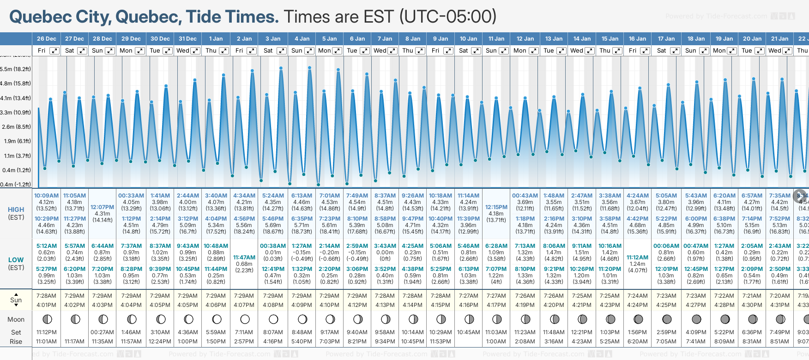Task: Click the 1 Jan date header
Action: click(x=216, y=39)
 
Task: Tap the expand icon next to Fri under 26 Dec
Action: click(x=54, y=51)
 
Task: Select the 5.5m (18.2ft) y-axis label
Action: click(x=16, y=69)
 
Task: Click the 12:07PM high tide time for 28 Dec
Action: click(x=102, y=207)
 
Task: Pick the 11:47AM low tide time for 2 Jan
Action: click(x=244, y=258)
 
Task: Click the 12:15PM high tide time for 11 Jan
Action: click(x=496, y=207)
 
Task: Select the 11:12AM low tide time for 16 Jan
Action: click(x=638, y=258)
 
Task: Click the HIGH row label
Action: click(x=16, y=210)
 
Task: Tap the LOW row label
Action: click(x=16, y=260)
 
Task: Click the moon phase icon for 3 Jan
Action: click(x=273, y=319)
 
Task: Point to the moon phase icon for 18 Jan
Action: click(x=696, y=319)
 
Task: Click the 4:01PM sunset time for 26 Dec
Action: click(x=47, y=305)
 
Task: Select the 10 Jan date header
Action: click(x=468, y=39)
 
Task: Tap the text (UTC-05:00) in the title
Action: click(x=447, y=17)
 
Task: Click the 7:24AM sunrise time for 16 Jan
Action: click(x=637, y=295)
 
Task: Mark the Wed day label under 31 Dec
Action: click(x=183, y=51)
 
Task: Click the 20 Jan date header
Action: click(x=752, y=39)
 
